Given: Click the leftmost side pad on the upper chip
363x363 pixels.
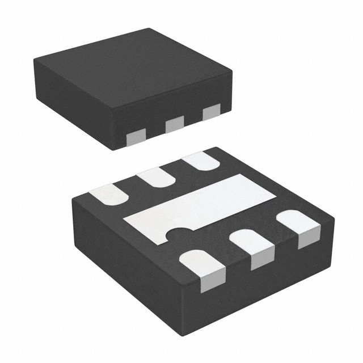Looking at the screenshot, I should pyautogui.click(x=136, y=134).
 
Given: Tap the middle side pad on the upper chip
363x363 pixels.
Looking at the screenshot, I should pyautogui.click(x=174, y=124).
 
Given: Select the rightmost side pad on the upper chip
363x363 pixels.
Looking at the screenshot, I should pyautogui.click(x=210, y=113).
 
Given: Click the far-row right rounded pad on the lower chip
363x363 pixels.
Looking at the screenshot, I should pyautogui.click(x=202, y=161).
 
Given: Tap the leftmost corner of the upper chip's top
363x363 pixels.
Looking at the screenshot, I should pyautogui.click(x=32, y=58).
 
